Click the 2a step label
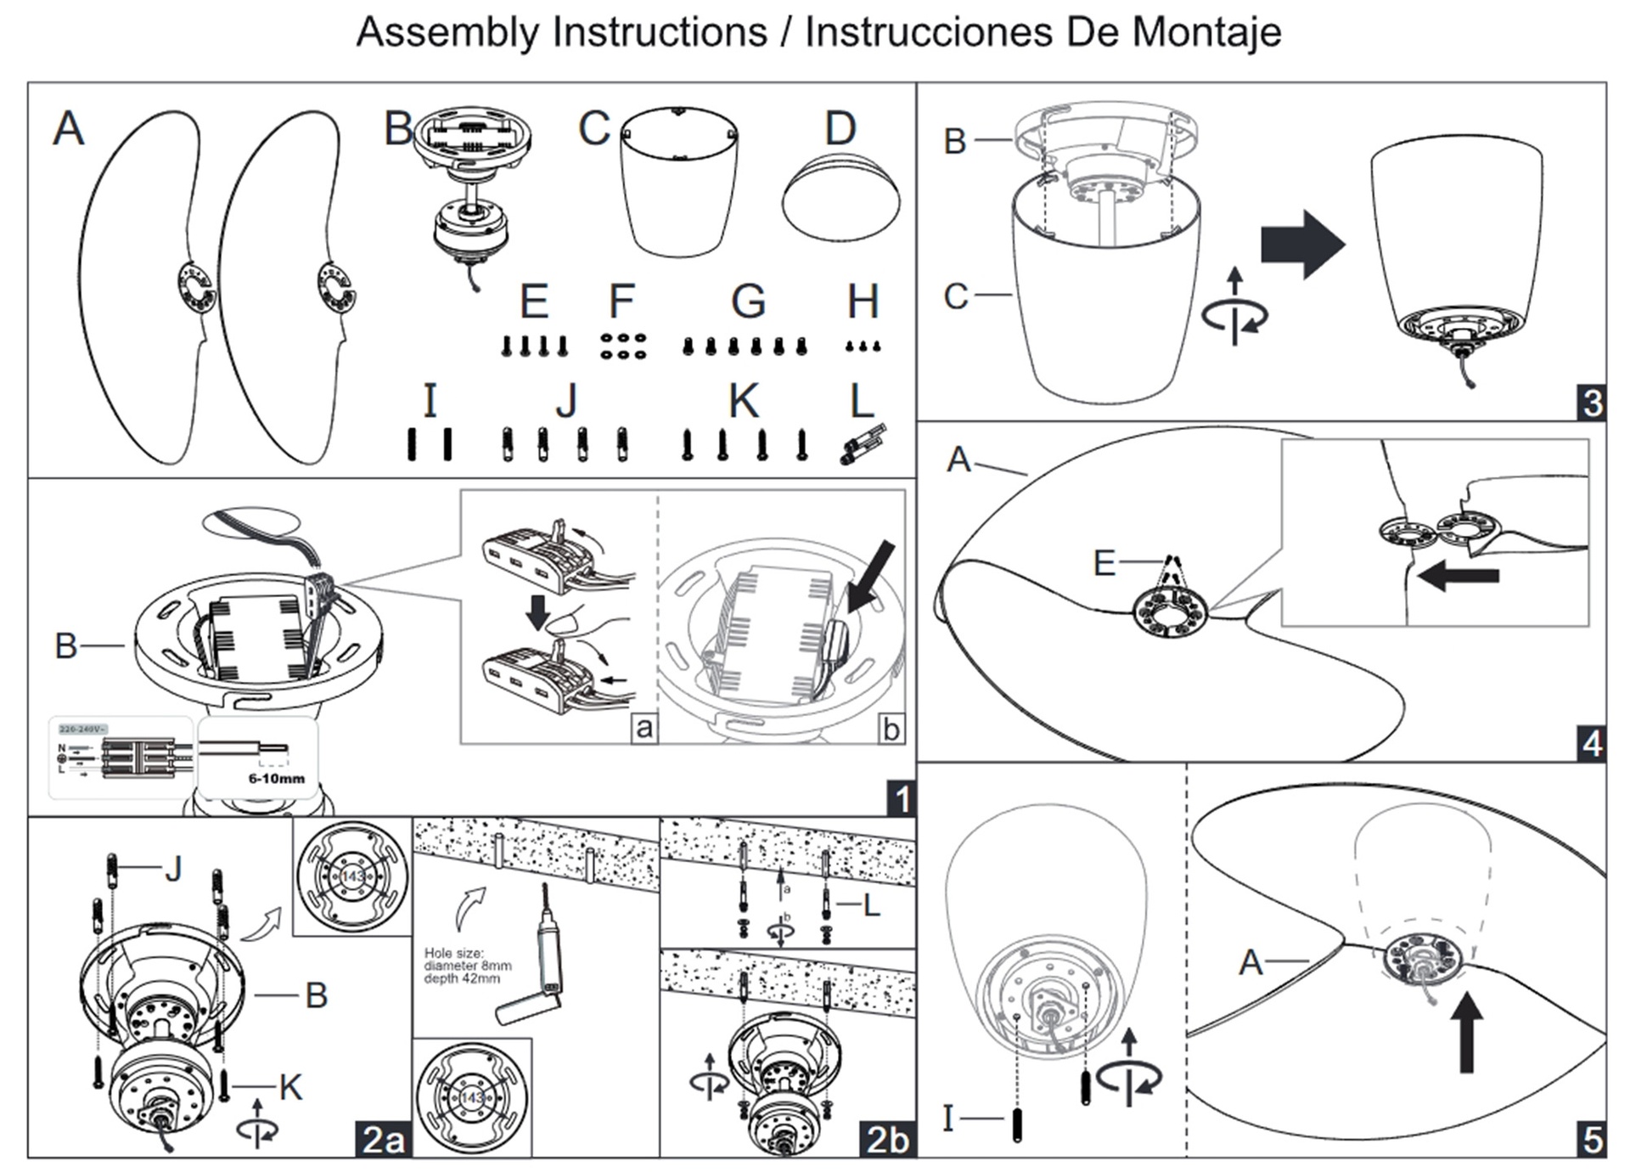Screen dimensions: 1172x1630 pyautogui.click(x=383, y=1139)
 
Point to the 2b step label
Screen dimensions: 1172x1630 pyautogui.click(x=887, y=1139)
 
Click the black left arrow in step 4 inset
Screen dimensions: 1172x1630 pyautogui.click(x=1458, y=576)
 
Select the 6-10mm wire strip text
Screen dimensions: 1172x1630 pyautogui.click(x=276, y=778)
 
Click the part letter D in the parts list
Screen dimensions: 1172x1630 pyautogui.click(x=840, y=129)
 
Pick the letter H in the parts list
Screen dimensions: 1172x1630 pyautogui.click(x=863, y=301)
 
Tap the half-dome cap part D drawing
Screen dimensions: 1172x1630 pyautogui.click(x=840, y=199)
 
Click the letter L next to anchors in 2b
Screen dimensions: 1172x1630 pyautogui.click(x=871, y=906)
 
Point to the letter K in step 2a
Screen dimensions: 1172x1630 pyautogui.click(x=290, y=1087)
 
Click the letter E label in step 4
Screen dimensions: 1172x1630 pyautogui.click(x=1104, y=563)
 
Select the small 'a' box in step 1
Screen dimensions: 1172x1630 pyautogui.click(x=644, y=728)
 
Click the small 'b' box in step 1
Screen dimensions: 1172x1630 pyautogui.click(x=891, y=729)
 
